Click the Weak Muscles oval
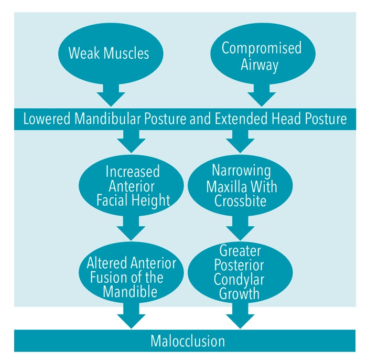click(111, 54)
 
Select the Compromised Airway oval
click(263, 54)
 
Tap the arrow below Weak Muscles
click(111, 96)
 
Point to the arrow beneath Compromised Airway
click(262, 96)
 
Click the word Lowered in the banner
click(47, 119)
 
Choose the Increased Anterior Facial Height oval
click(131, 185)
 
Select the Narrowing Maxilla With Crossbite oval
click(240, 185)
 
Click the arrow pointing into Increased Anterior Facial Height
click(131, 142)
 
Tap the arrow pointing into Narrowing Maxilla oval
click(240, 142)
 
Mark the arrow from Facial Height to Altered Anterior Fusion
click(131, 228)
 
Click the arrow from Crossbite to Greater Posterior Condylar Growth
click(240, 228)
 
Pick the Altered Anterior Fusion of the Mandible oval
click(131, 273)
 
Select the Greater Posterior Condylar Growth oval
click(240, 273)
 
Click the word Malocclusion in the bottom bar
click(188, 341)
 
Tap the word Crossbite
click(240, 201)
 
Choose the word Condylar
click(239, 280)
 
